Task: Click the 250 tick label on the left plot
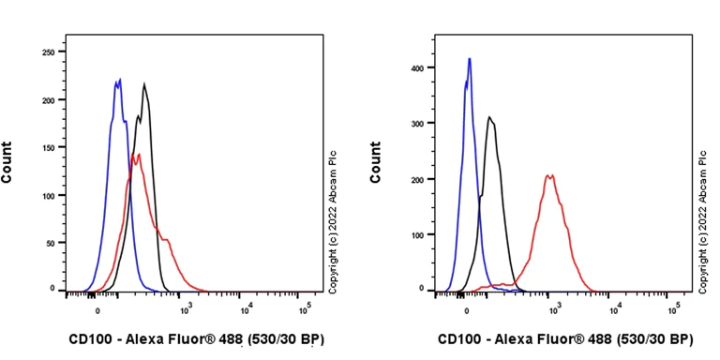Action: pyautogui.click(x=47, y=52)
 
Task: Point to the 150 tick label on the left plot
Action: pyautogui.click(x=47, y=147)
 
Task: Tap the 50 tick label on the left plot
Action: pyautogui.click(x=50, y=242)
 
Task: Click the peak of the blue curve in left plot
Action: pyautogui.click(x=119, y=80)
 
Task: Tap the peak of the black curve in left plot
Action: pyautogui.click(x=144, y=84)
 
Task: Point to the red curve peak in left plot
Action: pyautogui.click(x=137, y=154)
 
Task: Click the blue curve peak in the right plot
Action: pyautogui.click(x=469, y=59)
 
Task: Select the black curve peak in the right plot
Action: pyautogui.click(x=489, y=117)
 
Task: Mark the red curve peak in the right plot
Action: pyautogui.click(x=550, y=174)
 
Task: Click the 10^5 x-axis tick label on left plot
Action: pyautogui.click(x=305, y=308)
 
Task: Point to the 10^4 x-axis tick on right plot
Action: pyautogui.click(x=614, y=308)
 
